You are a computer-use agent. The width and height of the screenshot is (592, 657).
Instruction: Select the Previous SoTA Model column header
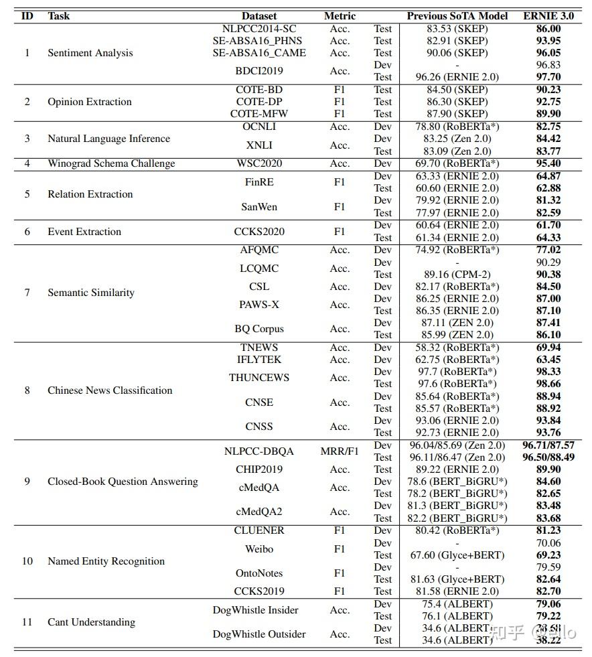[x=457, y=15]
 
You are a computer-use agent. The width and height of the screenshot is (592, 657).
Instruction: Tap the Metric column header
[x=340, y=15]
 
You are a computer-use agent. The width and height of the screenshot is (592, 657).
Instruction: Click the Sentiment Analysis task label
[x=90, y=53]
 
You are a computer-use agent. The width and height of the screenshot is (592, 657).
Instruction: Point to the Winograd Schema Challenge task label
[x=111, y=163]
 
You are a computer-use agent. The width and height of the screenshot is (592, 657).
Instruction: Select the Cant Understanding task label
[x=91, y=622]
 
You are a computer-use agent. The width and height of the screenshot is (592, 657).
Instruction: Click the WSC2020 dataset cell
[x=259, y=163]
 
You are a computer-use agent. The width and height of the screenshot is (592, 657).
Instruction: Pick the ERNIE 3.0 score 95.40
[x=548, y=163]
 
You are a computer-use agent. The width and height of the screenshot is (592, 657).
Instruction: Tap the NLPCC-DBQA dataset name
[x=259, y=451]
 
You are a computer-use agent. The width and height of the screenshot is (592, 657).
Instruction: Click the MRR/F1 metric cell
[x=340, y=451]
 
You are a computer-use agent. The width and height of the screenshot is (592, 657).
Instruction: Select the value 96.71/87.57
[x=548, y=445]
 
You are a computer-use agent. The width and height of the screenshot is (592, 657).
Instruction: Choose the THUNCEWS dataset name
[x=259, y=378]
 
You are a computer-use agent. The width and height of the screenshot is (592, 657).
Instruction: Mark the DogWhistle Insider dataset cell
[x=255, y=610]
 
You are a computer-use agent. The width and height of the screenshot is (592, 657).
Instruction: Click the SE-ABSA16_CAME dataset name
[x=259, y=53]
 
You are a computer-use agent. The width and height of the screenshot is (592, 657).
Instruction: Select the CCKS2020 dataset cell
[x=259, y=232]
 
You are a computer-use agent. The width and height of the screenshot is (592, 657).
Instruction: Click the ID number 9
[x=27, y=482]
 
